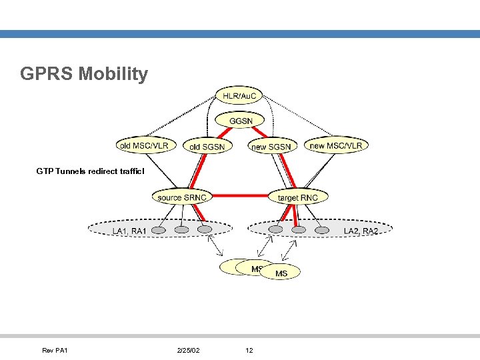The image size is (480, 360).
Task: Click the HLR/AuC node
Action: point(239,97)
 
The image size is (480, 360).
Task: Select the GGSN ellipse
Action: point(240,121)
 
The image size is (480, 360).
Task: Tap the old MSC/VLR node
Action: point(144,145)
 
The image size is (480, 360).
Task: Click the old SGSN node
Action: point(207,146)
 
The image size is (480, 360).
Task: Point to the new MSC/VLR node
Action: point(336,145)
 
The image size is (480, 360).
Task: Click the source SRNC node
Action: point(182,197)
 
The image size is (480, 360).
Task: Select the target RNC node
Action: point(298,197)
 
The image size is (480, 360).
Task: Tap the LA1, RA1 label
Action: point(129,231)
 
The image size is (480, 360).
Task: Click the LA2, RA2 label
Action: point(361,231)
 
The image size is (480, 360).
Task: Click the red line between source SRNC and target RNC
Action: point(240,197)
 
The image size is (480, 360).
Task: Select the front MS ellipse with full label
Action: point(281,273)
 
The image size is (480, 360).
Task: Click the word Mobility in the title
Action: point(113,73)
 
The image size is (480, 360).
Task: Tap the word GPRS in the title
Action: point(47,73)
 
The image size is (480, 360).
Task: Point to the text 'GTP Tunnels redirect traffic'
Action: point(90,171)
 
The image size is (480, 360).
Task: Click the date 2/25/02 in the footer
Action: point(189,350)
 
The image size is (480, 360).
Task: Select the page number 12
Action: point(249,350)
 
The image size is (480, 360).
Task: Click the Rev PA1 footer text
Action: point(55,350)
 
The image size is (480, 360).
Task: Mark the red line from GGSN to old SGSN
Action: point(225,129)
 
